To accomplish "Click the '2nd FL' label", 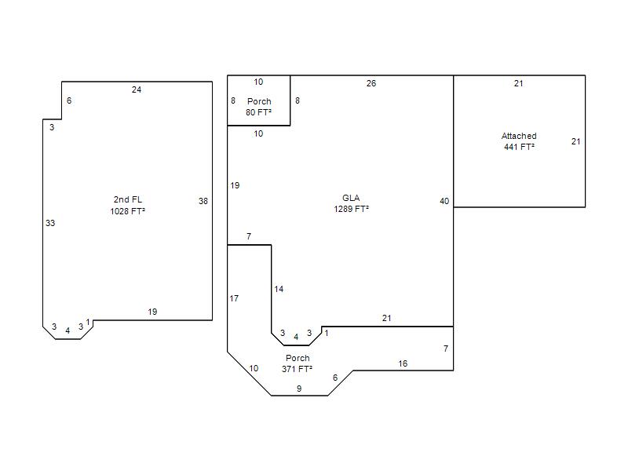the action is click(x=128, y=199).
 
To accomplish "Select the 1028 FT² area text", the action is click(x=128, y=211).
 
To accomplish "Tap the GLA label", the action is click(x=351, y=198).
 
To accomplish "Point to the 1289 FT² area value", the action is click(x=351, y=209).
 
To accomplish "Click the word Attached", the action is click(x=519, y=136).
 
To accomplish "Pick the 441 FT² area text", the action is click(x=519, y=147).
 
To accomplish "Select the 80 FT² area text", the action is click(x=259, y=112).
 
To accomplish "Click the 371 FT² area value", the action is click(x=298, y=369).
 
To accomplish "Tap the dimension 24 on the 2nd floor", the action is click(x=137, y=89).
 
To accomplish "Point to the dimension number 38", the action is click(x=203, y=201).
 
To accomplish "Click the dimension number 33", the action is click(x=50, y=223).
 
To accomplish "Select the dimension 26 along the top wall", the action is click(x=371, y=83).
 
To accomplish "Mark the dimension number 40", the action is click(x=444, y=201).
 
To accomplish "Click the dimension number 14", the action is click(x=279, y=289).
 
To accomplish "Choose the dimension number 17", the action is click(x=234, y=298).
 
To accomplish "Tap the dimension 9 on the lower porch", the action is click(x=299, y=389).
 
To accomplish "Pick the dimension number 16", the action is click(x=403, y=363).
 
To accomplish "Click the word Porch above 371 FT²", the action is click(x=298, y=358).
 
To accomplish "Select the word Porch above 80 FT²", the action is click(x=259, y=101).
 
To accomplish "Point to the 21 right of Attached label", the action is click(x=576, y=141).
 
